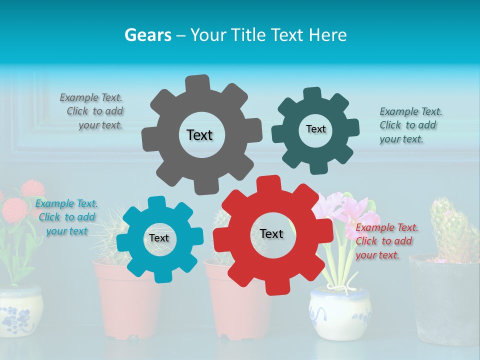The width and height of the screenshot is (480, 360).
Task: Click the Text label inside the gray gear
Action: pyautogui.click(x=199, y=135)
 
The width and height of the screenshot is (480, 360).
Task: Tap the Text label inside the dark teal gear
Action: pyautogui.click(x=315, y=129)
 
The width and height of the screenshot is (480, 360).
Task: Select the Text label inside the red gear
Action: pyautogui.click(x=271, y=233)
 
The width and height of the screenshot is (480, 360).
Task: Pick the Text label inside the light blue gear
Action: pyautogui.click(x=159, y=238)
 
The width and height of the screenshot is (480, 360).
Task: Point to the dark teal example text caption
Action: pyautogui.click(x=410, y=125)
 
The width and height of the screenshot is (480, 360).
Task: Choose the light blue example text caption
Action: pyautogui.click(x=66, y=217)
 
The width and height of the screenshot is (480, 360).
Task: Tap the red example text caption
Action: pyautogui.click(x=386, y=241)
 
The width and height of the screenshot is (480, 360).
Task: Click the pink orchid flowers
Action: pyautogui.click(x=345, y=207)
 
